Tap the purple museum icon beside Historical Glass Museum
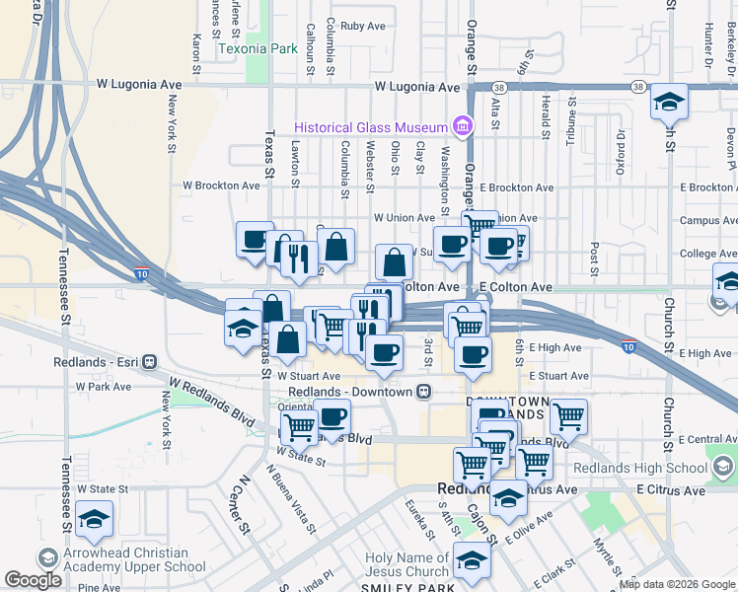(x=461, y=126)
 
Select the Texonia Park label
(x=258, y=47)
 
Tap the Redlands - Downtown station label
(x=349, y=392)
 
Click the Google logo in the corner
(x=34, y=580)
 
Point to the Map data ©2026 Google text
(x=677, y=585)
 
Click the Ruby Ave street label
(x=362, y=26)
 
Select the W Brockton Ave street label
(x=221, y=185)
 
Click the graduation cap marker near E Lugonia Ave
(x=669, y=101)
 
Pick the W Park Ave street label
(x=109, y=388)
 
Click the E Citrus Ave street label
(x=671, y=490)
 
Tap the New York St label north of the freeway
(x=174, y=116)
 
